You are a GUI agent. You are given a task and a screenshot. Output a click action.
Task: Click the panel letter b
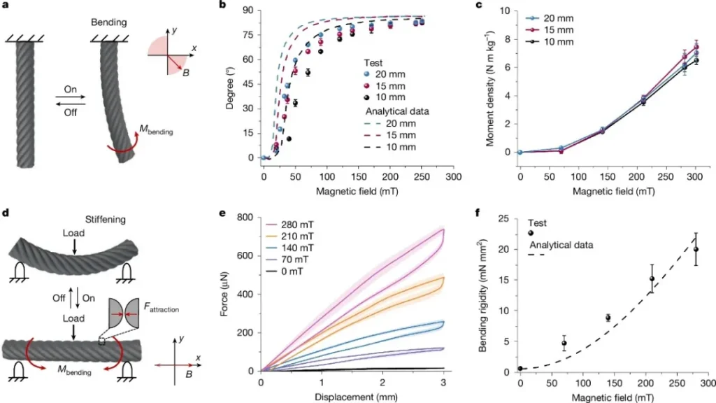pyautogui.click(x=222, y=6)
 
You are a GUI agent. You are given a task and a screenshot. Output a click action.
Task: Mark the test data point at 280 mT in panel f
pyautogui.click(x=696, y=249)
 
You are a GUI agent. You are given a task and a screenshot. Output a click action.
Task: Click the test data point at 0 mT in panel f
pyautogui.click(x=520, y=369)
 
